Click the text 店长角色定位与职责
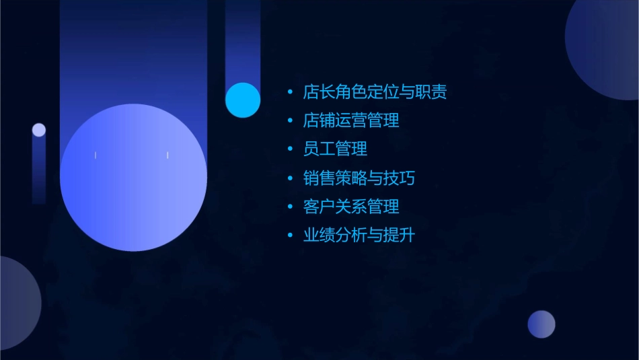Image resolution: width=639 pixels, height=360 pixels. click(x=375, y=92)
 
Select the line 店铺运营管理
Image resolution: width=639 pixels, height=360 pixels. click(x=351, y=120)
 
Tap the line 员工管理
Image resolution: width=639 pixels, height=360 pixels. click(x=335, y=149)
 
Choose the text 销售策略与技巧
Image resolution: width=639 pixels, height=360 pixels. click(x=359, y=178)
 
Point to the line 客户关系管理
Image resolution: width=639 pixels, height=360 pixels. click(x=351, y=207)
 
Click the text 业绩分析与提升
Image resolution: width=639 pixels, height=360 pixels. click(x=359, y=236)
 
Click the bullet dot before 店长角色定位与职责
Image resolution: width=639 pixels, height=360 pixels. click(x=290, y=92)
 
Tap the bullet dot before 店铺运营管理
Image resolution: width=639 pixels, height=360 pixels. click(x=290, y=121)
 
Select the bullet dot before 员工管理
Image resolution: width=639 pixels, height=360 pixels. click(x=290, y=149)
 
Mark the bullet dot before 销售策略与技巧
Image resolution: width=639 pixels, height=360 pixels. click(x=290, y=178)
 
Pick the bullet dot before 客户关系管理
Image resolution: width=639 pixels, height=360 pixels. click(x=290, y=207)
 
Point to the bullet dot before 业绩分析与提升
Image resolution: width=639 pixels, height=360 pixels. click(x=290, y=236)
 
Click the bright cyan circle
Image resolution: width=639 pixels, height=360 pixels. click(x=243, y=100)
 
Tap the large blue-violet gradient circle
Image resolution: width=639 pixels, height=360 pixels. click(x=133, y=178)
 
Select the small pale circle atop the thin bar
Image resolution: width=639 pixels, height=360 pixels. click(x=39, y=130)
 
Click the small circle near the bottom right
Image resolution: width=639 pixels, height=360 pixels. click(x=541, y=324)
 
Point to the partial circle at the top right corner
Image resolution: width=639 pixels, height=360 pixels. click(x=605, y=47)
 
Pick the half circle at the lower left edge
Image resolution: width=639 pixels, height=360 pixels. click(x=17, y=303)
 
